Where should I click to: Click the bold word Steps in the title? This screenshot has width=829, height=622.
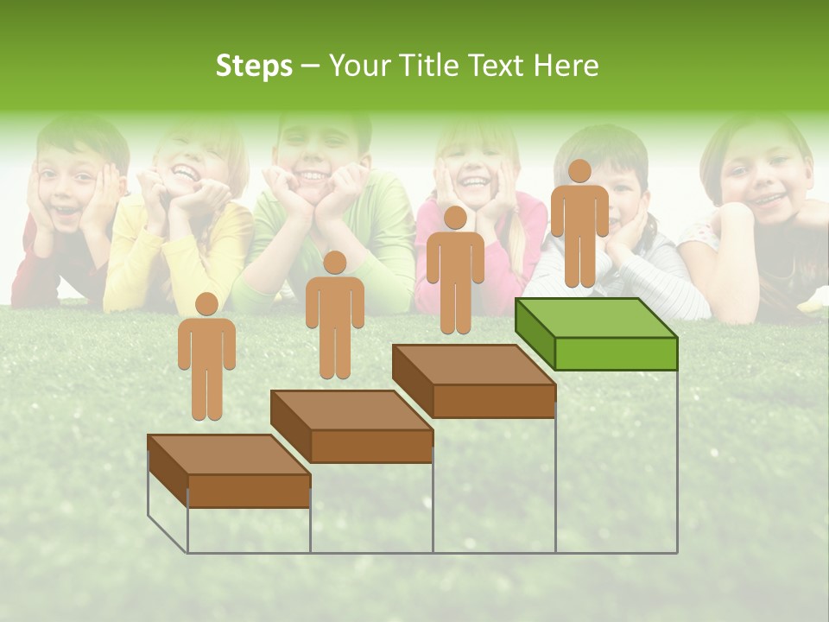(x=254, y=67)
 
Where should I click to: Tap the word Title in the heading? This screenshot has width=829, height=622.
(x=433, y=67)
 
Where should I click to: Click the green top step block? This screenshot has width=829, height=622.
(x=596, y=333)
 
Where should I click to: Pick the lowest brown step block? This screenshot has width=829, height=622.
(x=229, y=471)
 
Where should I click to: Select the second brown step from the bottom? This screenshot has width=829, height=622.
(x=351, y=426)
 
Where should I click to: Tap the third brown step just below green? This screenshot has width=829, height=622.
(x=473, y=381)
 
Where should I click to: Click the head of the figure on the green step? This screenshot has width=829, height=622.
(x=579, y=171)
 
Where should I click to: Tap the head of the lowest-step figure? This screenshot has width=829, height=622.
(x=206, y=304)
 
